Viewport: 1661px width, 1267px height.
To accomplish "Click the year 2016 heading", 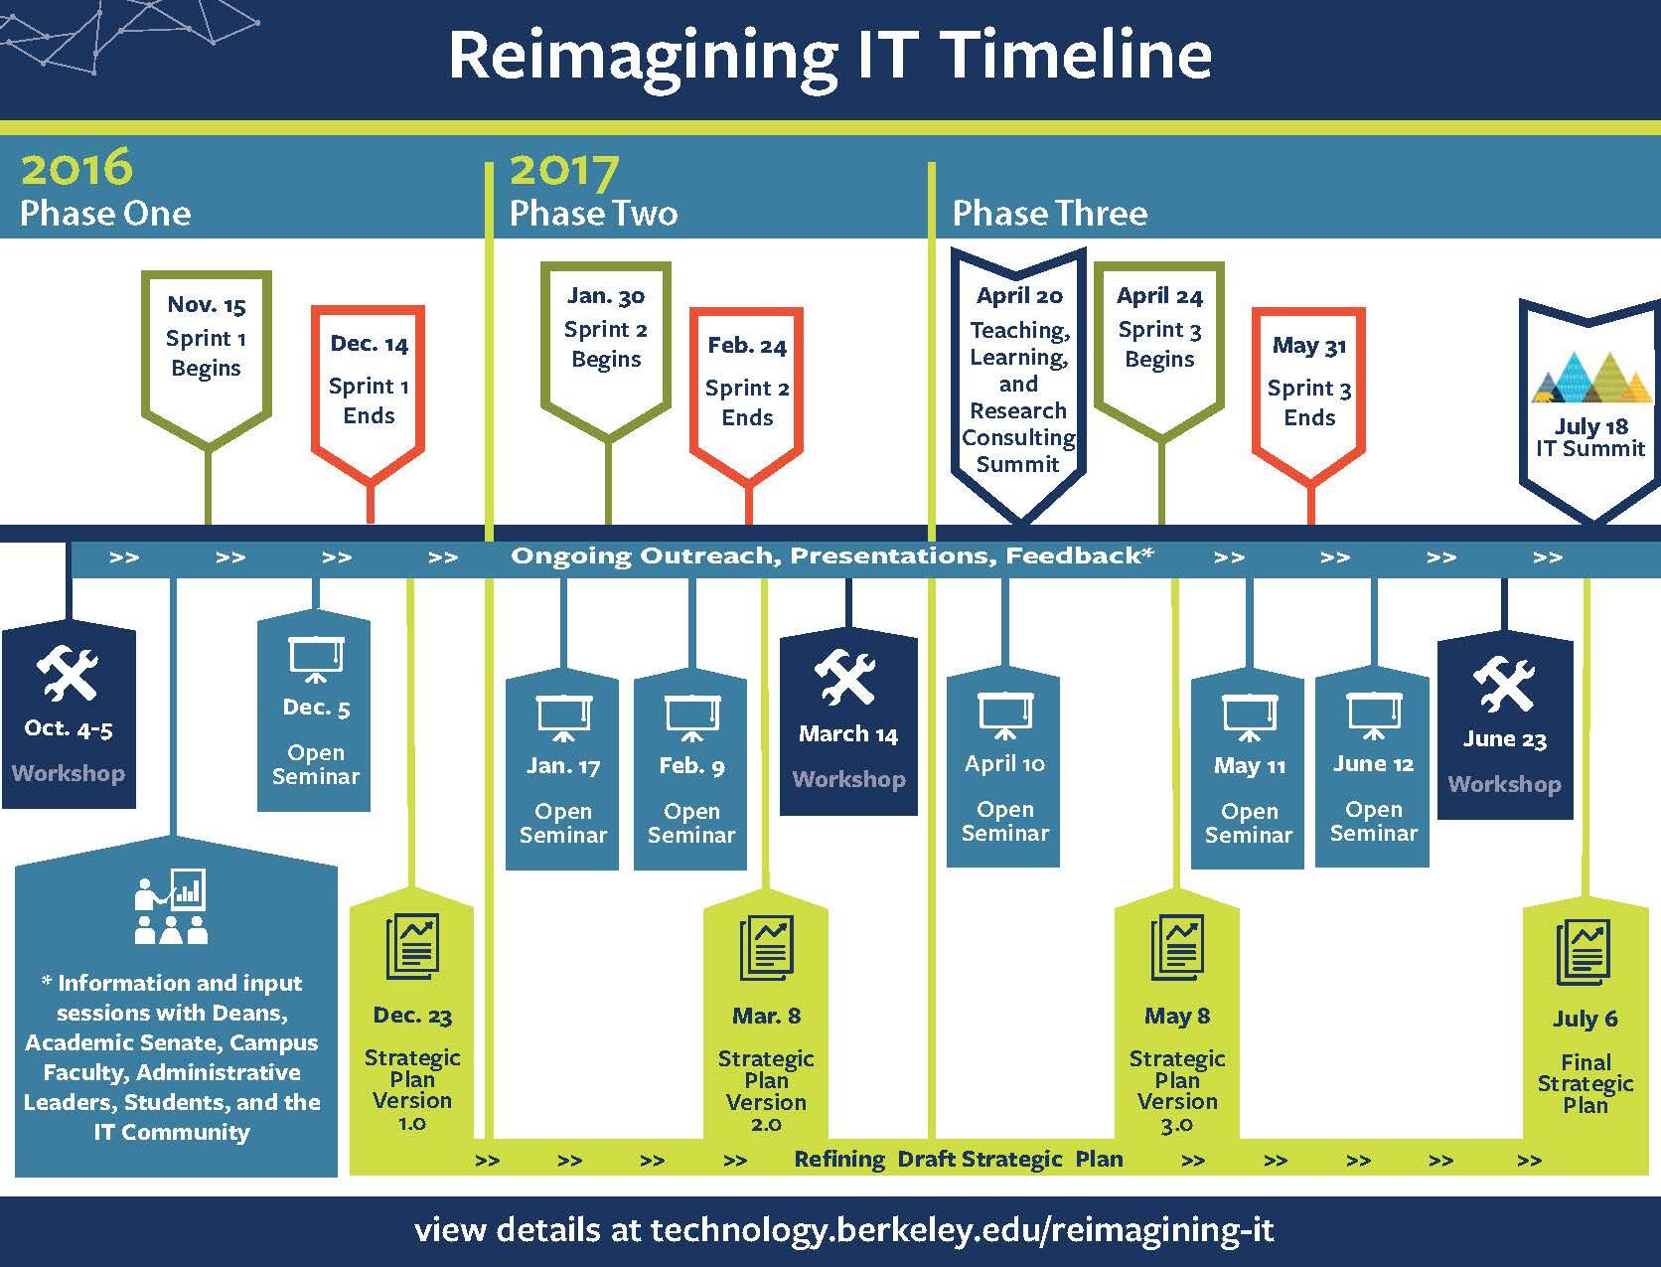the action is click(x=76, y=167).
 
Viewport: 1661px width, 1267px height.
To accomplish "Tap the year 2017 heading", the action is click(x=564, y=171).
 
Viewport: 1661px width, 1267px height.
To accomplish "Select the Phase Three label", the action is click(x=1050, y=214).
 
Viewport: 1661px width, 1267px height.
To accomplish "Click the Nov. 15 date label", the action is click(x=207, y=305).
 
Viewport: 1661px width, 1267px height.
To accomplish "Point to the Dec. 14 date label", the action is click(x=370, y=345).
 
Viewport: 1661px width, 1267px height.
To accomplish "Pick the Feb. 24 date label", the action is click(x=747, y=346).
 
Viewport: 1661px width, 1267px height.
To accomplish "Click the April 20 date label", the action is click(x=1019, y=296).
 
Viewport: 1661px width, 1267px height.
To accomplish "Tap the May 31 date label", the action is click(x=1309, y=346).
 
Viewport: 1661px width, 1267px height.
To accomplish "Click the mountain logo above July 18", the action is click(x=1590, y=378).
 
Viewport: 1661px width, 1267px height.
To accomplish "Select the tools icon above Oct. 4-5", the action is click(x=69, y=674).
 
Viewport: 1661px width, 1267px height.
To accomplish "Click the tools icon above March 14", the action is click(x=846, y=676).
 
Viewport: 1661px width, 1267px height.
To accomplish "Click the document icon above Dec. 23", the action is click(x=412, y=946).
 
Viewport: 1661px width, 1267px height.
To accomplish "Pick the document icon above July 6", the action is click(x=1584, y=952).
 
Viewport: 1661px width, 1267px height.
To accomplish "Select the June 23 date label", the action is click(x=1504, y=739).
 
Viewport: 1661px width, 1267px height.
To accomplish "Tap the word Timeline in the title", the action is click(x=1079, y=55).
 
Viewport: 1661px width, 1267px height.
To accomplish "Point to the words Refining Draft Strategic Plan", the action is click(x=958, y=1160).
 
